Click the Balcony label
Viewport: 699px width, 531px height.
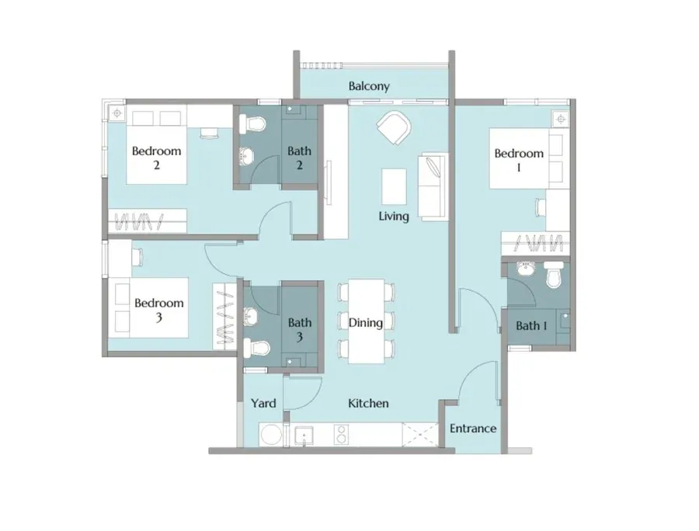(369, 86)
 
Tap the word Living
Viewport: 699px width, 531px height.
(394, 216)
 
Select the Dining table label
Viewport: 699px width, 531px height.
(366, 322)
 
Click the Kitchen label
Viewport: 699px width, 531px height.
(368, 403)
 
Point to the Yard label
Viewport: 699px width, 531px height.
(263, 403)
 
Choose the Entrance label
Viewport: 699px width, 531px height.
(473, 429)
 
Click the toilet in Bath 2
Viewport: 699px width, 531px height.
(252, 123)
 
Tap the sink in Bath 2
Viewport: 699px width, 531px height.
(246, 157)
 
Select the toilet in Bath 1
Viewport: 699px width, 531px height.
(554, 274)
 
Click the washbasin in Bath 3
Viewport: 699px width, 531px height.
(251, 316)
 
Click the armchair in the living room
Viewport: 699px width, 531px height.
(394, 127)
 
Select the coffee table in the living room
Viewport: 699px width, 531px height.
(394, 186)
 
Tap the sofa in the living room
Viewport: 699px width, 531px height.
(433, 186)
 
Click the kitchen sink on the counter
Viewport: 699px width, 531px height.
(304, 435)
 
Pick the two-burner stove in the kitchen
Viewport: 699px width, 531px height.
(341, 435)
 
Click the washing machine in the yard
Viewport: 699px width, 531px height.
(271, 435)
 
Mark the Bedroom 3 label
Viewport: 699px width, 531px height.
(159, 310)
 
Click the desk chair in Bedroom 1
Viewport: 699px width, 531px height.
(541, 208)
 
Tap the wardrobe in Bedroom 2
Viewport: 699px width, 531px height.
(147, 220)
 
